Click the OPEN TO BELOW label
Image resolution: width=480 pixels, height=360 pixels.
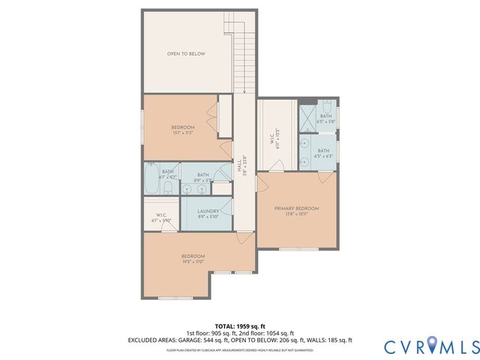coord(186,54)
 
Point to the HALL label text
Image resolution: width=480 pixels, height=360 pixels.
coord(239,166)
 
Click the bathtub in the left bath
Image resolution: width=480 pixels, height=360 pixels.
coord(151,179)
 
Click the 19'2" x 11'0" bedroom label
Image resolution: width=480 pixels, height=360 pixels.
coord(192,259)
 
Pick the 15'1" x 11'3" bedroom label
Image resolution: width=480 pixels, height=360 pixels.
coord(182,129)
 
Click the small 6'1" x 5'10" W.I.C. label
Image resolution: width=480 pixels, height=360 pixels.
coord(161,218)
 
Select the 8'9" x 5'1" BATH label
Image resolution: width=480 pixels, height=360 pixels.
coord(203,178)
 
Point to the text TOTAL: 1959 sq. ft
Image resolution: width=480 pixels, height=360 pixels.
coord(239,326)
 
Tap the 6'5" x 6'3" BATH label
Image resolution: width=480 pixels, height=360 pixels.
coord(324,152)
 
